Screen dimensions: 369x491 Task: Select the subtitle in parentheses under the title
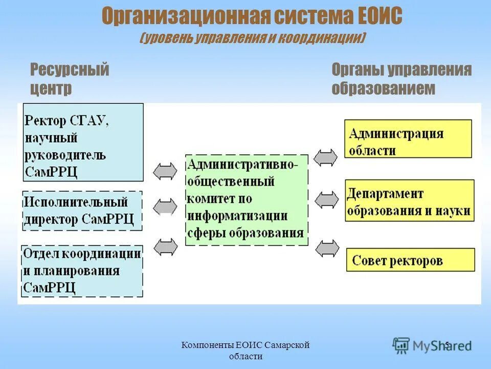tap(252, 38)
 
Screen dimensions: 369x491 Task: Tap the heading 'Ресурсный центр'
tap(70, 78)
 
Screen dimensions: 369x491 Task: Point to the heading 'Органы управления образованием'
tap(401, 78)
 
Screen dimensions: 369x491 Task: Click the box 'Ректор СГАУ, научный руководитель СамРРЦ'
tap(83, 142)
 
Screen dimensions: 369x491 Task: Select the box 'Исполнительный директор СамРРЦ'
tap(82, 211)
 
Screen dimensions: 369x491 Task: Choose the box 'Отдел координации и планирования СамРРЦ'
tap(82, 271)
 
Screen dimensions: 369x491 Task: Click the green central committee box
tap(247, 199)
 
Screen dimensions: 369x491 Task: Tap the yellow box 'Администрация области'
tap(408, 138)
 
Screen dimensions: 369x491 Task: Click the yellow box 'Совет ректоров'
tap(410, 260)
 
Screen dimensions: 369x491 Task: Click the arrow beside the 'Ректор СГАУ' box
tap(165, 171)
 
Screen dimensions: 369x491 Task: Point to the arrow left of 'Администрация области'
tap(326, 157)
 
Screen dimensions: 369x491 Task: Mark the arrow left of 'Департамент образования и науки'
tap(326, 199)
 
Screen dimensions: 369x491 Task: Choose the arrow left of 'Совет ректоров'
tap(326, 248)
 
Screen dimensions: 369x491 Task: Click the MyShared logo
tap(432, 345)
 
